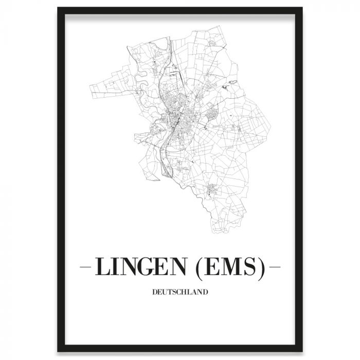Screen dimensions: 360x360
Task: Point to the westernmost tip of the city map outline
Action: tap(88, 85)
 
